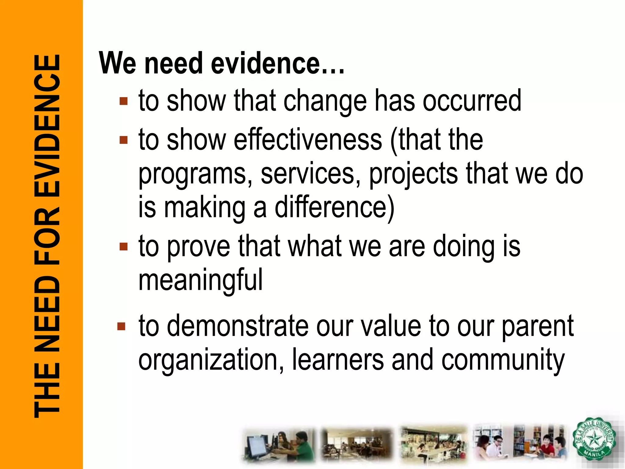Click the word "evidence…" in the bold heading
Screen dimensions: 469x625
pos(278,63)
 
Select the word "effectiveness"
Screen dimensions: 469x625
pos(308,140)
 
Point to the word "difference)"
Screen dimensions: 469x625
pos(335,208)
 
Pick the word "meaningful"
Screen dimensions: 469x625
pos(201,279)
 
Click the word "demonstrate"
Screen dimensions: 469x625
pos(238,326)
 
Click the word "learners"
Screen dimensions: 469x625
pos(338,360)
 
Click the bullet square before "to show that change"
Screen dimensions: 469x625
pos(124,101)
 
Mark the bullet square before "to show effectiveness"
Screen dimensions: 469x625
pos(124,140)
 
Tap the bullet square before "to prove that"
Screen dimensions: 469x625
pos(124,246)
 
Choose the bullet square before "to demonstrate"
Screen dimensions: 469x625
pos(121,326)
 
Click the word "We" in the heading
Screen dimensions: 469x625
pos(117,63)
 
